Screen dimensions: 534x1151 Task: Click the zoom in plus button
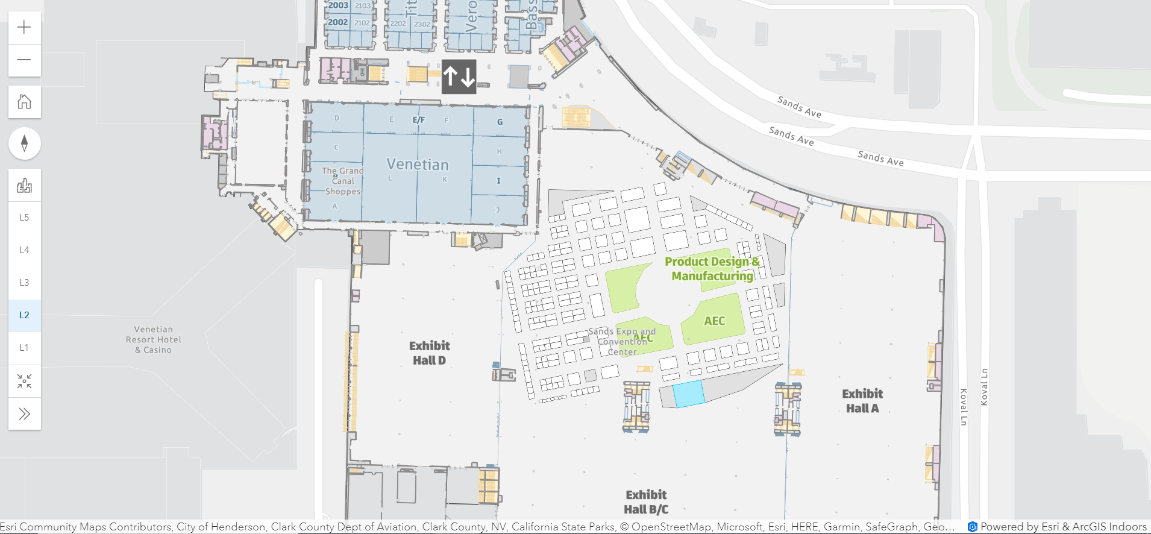coord(24,27)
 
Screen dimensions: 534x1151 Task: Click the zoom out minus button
coord(24,60)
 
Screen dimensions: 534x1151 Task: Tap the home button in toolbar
coord(24,101)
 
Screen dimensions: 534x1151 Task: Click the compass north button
coord(24,143)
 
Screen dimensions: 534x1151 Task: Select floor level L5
coord(24,218)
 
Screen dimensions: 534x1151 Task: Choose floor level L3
coord(24,283)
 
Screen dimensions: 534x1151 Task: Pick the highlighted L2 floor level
coord(24,315)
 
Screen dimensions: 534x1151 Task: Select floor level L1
coord(24,348)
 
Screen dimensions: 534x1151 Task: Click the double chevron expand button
coord(24,414)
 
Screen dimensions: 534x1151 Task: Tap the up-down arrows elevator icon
coord(459,77)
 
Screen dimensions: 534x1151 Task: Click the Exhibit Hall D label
coord(429,353)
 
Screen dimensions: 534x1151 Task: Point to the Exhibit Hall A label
coord(862,401)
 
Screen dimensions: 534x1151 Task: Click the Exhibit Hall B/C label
coord(646,502)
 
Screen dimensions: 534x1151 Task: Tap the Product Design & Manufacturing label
coord(712,269)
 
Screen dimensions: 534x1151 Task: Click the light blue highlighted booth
coord(688,394)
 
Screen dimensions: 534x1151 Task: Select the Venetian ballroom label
coord(418,165)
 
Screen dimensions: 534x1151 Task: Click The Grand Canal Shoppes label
coord(342,181)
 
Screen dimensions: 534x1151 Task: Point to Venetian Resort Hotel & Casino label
coord(154,339)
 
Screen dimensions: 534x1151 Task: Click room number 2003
coord(338,5)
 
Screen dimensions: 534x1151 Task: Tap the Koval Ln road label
coord(984,387)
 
